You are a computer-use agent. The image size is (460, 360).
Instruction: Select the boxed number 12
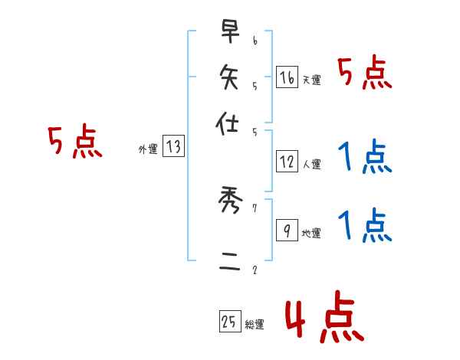pyautogui.click(x=287, y=162)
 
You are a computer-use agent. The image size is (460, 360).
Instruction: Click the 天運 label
pyautogui.click(x=311, y=80)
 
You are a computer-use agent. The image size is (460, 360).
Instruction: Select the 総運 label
pyautogui.click(x=255, y=325)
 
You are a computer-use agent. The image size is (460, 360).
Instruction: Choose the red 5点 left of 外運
pyautogui.click(x=74, y=142)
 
